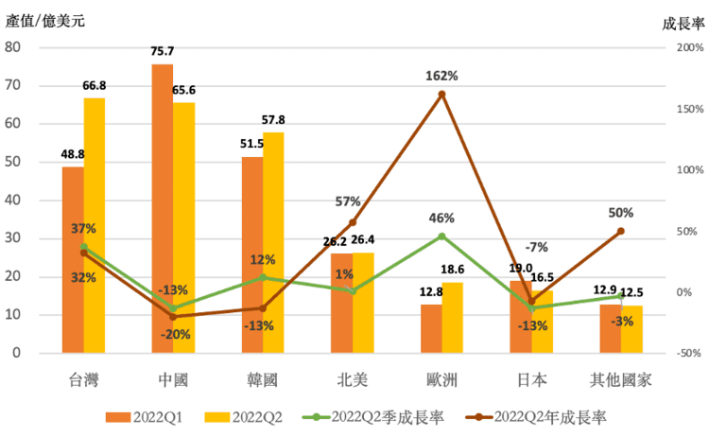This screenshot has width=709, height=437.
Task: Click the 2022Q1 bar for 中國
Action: [162, 208]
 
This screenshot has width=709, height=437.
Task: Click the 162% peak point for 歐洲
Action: [441, 94]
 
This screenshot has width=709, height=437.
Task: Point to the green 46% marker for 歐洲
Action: [441, 236]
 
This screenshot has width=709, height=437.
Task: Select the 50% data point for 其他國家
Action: [621, 231]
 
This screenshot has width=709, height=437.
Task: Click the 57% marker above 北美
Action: [353, 222]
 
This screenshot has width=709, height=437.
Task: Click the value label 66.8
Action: [95, 85]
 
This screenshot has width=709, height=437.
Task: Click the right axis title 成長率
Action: [683, 23]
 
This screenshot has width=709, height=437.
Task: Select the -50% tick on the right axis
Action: [686, 353]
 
